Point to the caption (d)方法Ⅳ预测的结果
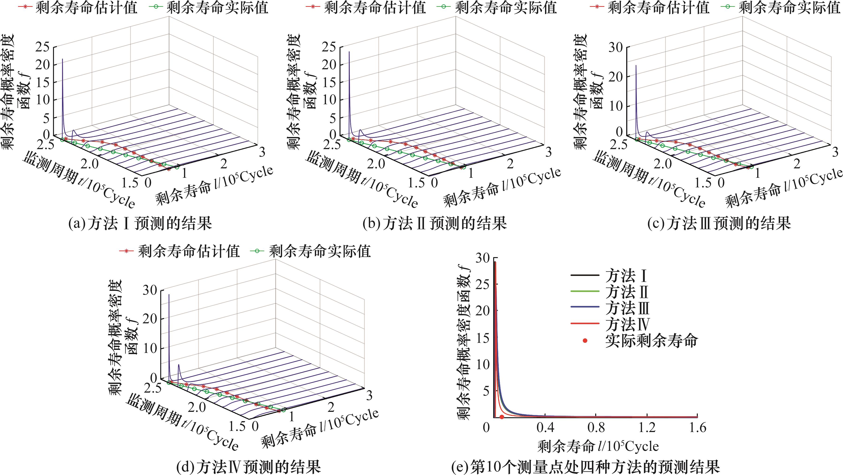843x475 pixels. click(248, 467)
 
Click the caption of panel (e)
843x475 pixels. click(585, 467)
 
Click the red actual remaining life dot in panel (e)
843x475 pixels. click(502, 417)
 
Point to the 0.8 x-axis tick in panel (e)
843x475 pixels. click(596, 428)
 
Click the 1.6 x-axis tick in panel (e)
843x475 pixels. click(697, 428)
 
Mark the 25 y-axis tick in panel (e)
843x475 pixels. click(482, 284)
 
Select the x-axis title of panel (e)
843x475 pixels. click(598, 446)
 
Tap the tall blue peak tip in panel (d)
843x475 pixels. click(169, 294)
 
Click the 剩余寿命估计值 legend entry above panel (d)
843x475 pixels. click(188, 251)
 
